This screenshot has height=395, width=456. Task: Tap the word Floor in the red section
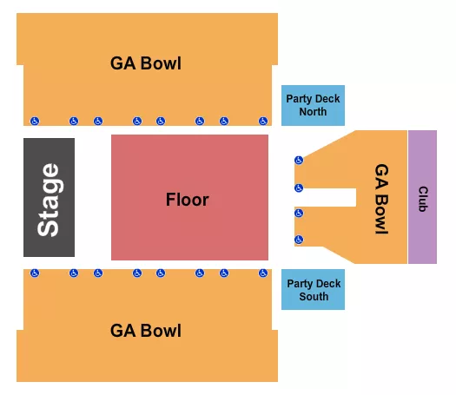coord(188,200)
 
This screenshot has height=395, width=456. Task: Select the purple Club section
coord(422,196)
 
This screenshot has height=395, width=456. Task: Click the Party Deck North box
coord(313,105)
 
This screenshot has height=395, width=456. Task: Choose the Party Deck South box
coord(313,290)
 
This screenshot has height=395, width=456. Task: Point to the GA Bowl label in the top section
coord(146,63)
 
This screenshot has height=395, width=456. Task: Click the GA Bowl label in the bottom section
coord(146,331)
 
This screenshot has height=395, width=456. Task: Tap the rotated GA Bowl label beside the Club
coord(381,199)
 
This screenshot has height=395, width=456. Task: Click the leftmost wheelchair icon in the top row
coord(35,121)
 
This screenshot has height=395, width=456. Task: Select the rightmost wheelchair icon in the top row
coord(263,121)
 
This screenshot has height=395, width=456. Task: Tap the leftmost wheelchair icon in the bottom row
coord(35,273)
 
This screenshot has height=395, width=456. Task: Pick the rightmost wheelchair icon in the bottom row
coord(263,273)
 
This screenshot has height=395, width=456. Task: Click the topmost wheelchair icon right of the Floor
coord(299,160)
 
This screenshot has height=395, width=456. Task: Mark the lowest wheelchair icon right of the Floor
coord(299,239)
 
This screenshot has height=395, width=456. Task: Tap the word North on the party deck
coord(313,112)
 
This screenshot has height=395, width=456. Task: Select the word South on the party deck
coord(314,297)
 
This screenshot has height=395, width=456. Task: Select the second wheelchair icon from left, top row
coord(74,121)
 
